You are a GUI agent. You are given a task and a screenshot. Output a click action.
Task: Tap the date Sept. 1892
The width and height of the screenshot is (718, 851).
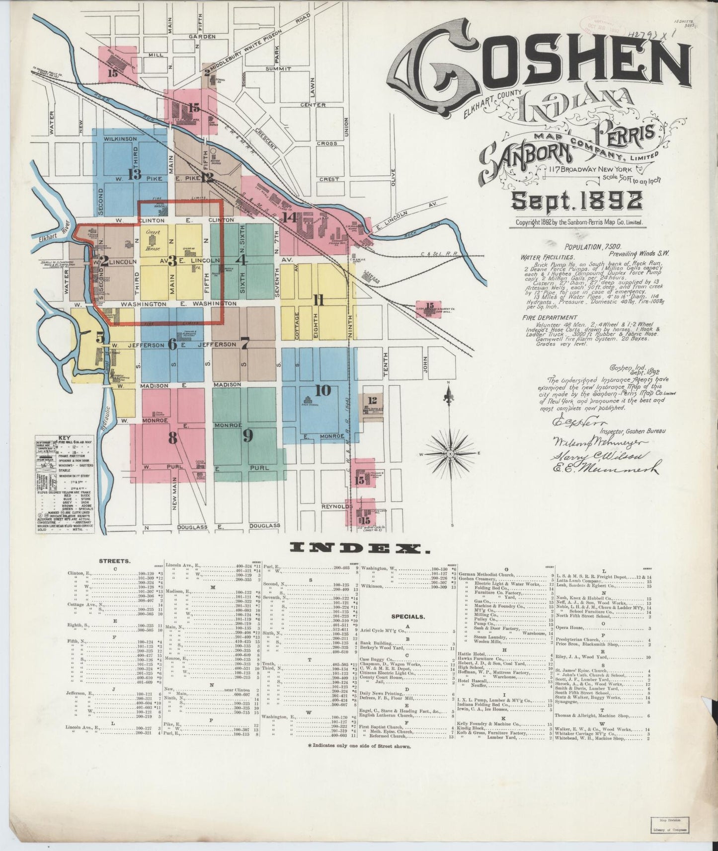tap(576, 201)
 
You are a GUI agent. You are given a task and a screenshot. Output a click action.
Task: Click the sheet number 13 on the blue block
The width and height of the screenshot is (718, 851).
tap(134, 174)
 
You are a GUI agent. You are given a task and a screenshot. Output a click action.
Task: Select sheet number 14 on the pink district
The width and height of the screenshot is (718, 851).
tap(290, 217)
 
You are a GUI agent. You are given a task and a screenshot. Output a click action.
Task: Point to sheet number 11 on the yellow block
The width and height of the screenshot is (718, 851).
tap(319, 300)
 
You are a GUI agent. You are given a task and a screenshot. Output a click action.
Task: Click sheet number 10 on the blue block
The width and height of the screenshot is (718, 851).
tap(322, 391)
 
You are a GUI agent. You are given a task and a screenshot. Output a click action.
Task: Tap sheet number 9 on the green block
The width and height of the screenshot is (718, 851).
tap(247, 436)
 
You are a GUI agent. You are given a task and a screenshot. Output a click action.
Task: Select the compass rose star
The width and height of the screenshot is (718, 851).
tap(450, 453)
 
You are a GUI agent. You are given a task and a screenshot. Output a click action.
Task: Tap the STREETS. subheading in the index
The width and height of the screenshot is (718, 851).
tap(115, 561)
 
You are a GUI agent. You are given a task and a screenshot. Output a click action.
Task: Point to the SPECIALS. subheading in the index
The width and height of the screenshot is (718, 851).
tap(407, 617)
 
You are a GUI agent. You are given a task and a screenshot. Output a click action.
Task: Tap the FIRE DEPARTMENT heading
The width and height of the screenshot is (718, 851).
tap(550, 318)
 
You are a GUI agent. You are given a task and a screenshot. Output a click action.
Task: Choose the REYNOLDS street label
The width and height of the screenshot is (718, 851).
tap(336, 506)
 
